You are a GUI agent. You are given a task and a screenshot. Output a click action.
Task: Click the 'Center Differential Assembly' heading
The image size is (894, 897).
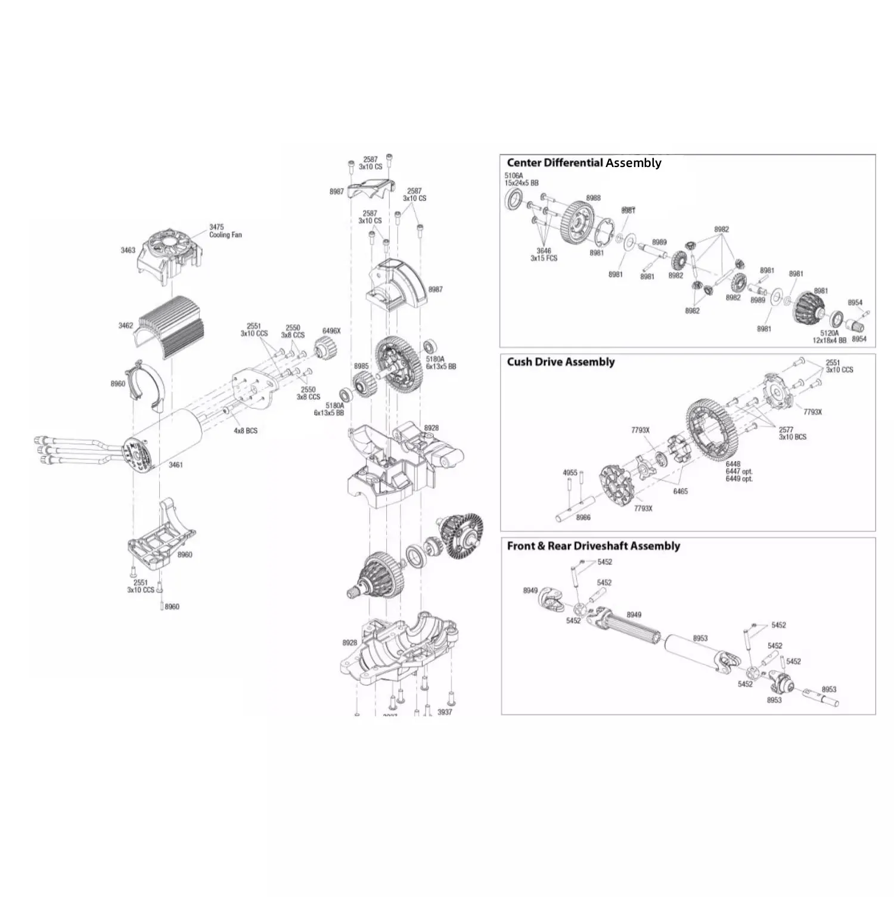coord(583,163)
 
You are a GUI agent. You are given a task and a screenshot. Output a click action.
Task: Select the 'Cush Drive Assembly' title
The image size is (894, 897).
coord(560,362)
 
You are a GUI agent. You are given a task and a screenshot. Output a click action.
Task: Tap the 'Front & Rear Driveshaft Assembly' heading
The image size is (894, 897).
coord(593,546)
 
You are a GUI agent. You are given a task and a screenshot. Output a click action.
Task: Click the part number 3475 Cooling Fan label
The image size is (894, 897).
coord(225,231)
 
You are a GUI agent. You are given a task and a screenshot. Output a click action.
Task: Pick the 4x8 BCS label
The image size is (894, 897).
coord(246,431)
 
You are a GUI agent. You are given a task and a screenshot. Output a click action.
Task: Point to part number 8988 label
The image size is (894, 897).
coord(593,198)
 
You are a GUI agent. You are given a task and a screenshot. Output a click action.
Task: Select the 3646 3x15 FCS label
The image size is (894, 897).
coord(544,255)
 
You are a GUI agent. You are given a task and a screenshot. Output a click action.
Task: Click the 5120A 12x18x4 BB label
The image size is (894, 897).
coord(829,337)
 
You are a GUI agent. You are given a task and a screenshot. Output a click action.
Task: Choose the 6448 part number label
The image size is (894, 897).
coord(733,464)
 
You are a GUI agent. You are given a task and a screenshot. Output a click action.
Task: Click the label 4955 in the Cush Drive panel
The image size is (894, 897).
coord(570,473)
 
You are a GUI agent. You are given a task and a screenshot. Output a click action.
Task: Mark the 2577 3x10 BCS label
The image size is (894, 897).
coord(792,433)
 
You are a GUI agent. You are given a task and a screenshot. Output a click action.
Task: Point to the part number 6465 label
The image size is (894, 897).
coord(680,491)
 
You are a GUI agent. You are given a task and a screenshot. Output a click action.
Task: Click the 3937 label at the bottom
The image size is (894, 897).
coord(445,712)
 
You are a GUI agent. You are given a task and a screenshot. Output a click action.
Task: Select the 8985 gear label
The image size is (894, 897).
coord(361,366)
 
